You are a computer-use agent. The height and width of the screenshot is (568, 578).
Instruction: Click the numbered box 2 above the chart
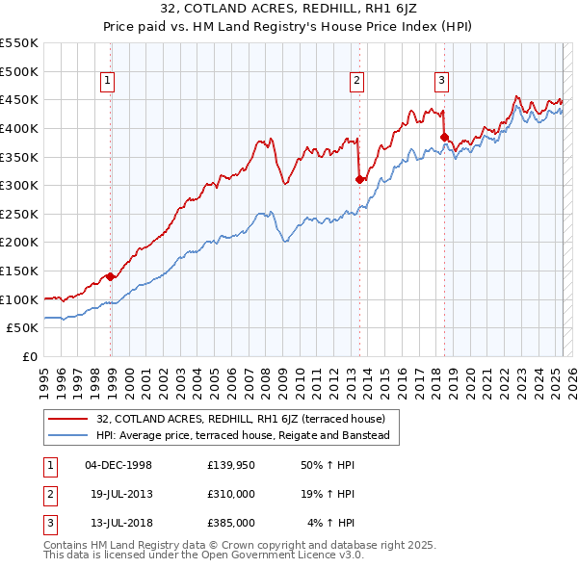coord(356,82)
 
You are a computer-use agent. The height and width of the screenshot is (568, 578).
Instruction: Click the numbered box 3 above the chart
coord(441,82)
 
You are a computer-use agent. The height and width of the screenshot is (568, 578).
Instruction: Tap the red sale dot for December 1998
coord(111,276)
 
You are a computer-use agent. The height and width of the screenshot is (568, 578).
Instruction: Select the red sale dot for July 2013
coord(359,179)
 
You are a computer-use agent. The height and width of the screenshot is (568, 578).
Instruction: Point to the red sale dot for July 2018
coord(444,137)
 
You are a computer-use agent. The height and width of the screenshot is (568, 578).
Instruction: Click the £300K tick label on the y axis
coord(19,185)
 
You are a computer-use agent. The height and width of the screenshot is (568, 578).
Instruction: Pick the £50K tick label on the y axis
coord(23,328)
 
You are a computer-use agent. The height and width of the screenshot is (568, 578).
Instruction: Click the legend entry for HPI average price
coord(242,436)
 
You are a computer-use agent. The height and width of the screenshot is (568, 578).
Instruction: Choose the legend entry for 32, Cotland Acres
coord(240,419)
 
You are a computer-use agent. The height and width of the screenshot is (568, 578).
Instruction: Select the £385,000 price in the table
coord(232,523)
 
